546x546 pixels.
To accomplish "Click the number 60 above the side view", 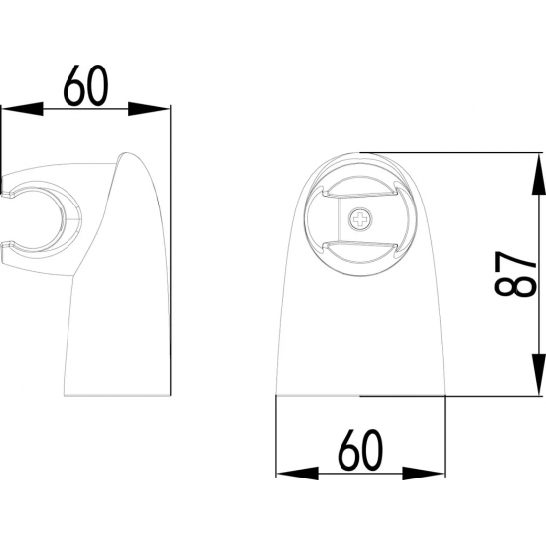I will tap(86, 84).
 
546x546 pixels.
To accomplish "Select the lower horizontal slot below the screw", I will tap(359, 241).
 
